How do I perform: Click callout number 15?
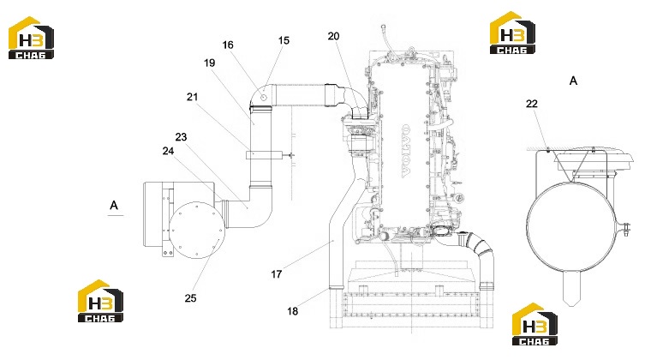tap(284, 40)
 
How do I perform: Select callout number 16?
tap(228, 45)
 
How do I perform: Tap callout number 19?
tap(210, 63)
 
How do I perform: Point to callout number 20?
tap(333, 36)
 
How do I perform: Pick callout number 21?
tap(192, 97)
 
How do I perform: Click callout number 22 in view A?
tap(532, 104)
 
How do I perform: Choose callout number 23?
tap(181, 137)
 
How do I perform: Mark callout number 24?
tap(168, 151)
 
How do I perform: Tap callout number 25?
tap(190, 298)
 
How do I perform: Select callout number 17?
tap(277, 274)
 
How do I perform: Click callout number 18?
tap(293, 311)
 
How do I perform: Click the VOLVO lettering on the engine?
tap(405, 151)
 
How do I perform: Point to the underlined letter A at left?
tap(114, 206)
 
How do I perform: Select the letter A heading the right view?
tap(573, 81)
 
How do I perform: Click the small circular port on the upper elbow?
tap(264, 97)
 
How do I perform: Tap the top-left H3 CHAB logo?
tap(31, 38)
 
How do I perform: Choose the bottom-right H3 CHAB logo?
tap(535, 324)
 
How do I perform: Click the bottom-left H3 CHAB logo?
tap(100, 301)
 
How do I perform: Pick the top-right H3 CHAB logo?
tap(512, 33)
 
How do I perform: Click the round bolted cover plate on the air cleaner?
tap(197, 230)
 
